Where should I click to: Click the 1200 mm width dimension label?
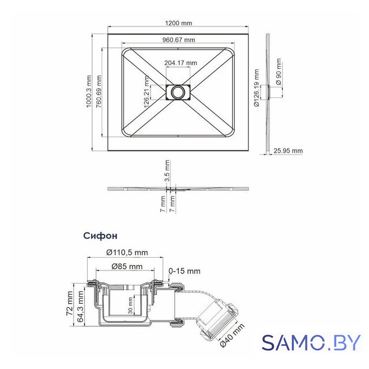[x=179, y=23]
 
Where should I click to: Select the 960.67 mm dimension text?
[x=179, y=40]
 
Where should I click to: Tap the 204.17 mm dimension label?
[x=180, y=63]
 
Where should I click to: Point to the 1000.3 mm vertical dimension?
[x=88, y=91]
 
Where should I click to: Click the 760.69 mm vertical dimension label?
[x=99, y=91]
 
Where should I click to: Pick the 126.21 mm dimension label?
[x=147, y=92]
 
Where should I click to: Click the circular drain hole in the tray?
[x=178, y=92]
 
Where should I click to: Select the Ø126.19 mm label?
[x=257, y=88]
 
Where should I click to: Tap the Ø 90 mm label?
[x=278, y=71]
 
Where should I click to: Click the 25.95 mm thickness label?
[x=288, y=150]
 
